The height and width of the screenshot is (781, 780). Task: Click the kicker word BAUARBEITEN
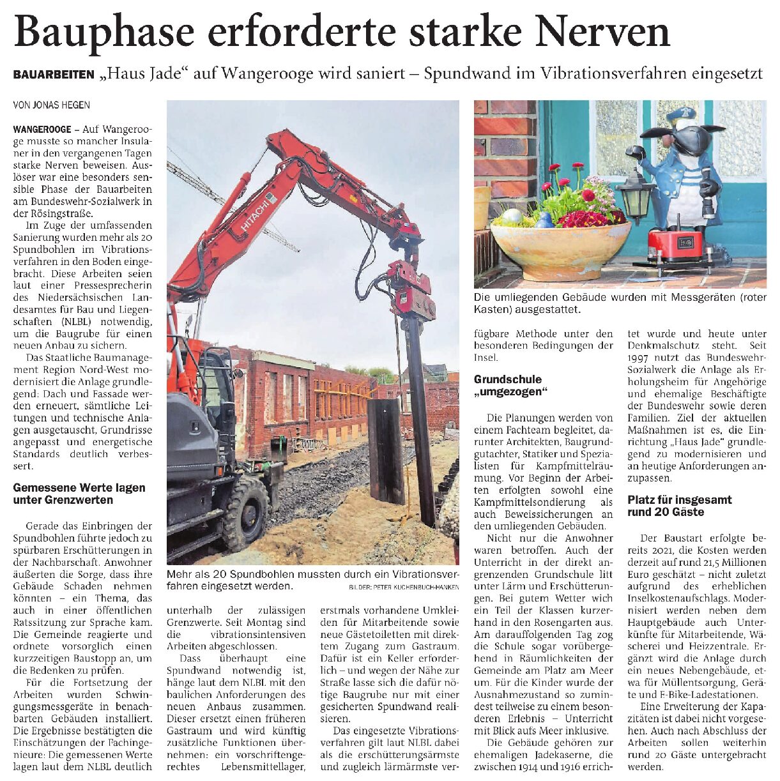coord(54,75)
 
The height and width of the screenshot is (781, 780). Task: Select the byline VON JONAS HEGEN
coord(52,105)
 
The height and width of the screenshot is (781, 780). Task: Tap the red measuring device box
coord(675,246)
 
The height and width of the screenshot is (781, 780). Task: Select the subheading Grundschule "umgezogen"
coord(507,386)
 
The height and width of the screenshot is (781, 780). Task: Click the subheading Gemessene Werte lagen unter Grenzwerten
coord(79,494)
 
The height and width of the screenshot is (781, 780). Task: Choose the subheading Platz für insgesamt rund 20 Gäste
coord(679,506)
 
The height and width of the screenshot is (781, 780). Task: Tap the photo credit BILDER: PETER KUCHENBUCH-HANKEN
coord(404,586)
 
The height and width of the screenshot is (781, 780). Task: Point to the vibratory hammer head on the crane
coord(411,287)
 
